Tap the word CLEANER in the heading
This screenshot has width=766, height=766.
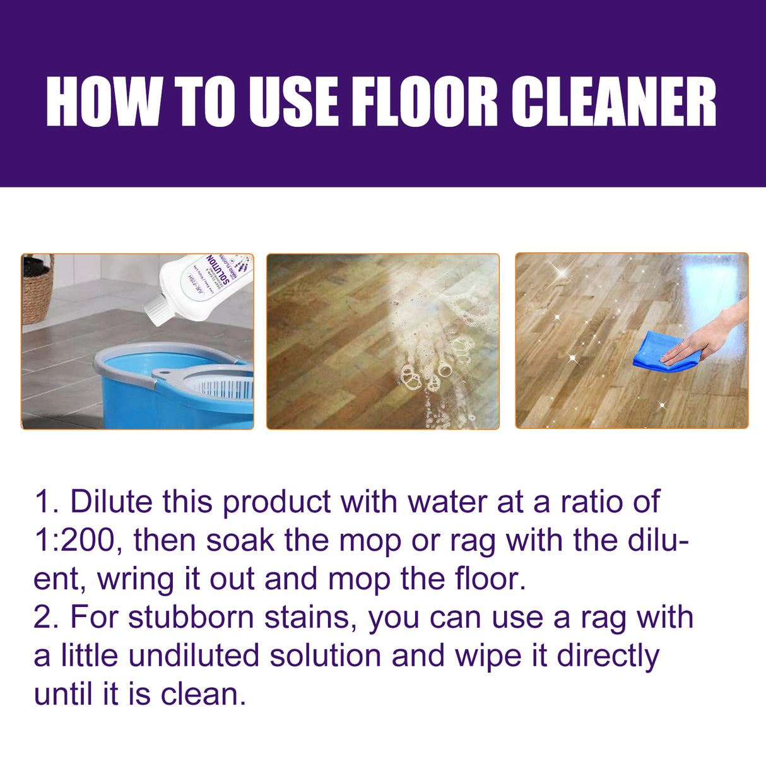pos(613,102)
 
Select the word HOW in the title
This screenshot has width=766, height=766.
pos(103,102)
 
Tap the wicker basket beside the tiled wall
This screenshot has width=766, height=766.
pos(37,290)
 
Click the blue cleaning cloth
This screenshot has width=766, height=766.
pos(656,352)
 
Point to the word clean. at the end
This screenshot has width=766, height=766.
pos(203,694)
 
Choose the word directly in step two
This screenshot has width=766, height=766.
pos(608,656)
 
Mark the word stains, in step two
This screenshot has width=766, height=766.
pos(310,617)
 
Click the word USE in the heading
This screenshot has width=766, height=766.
pos(294,102)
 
